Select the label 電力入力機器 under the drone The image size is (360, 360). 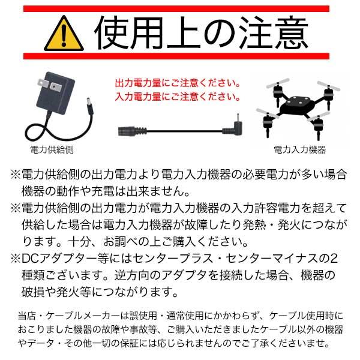pyautogui.click(x=299, y=149)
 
